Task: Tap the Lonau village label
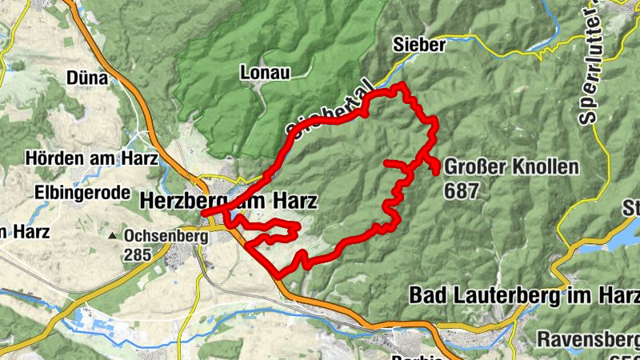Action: coord(263,73)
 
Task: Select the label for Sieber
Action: coord(418,46)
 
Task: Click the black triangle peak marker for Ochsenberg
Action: coord(114,237)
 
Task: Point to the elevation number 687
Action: coord(464,191)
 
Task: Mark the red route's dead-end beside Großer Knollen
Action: coord(436,170)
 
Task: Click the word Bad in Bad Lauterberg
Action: coord(426,295)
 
